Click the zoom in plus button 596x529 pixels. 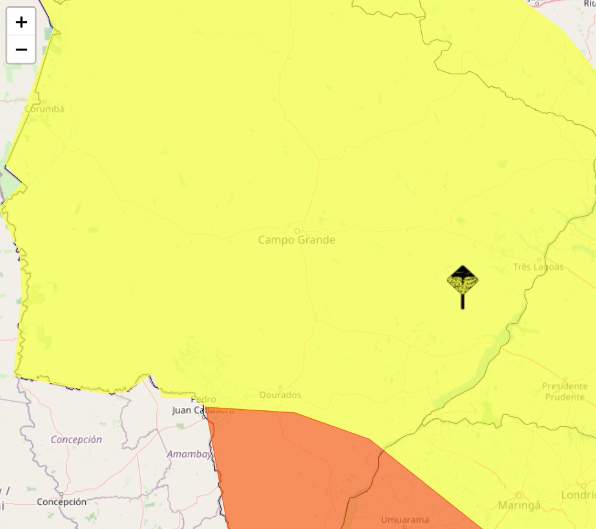coord(21,23)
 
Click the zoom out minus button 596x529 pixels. coord(21,49)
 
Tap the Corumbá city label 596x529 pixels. coord(44,109)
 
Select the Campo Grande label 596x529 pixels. coord(296,240)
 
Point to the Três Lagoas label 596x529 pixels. coord(538,267)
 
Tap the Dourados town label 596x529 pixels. coord(281,395)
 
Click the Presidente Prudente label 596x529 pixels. coord(565,391)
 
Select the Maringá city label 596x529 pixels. coord(519,505)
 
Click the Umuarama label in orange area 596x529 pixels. coord(405,520)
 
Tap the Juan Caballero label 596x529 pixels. coord(203,410)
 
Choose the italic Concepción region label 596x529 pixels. coord(76,440)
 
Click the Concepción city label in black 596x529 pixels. coord(61,502)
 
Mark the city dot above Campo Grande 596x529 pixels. coord(297,231)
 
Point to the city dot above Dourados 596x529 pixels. coord(281,387)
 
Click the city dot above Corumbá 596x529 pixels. coord(44,101)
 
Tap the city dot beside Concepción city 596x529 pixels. coord(61,494)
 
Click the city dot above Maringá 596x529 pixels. coord(519,494)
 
